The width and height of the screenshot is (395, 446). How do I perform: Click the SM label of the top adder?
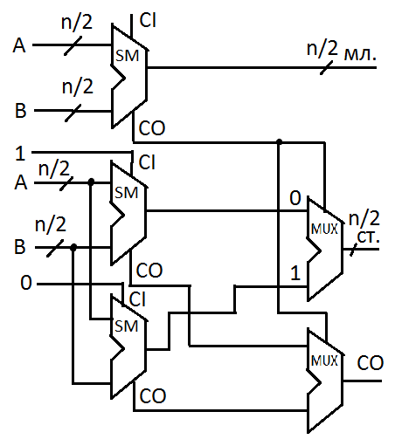pos(127,56)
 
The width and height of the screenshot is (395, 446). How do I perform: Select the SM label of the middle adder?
pos(126,193)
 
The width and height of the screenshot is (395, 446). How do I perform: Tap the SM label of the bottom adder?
pos(126,326)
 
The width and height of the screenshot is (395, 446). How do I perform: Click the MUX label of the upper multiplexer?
pos(324,230)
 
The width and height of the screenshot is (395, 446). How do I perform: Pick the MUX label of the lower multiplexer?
pos(324,361)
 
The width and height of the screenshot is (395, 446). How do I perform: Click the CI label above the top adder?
pos(148,20)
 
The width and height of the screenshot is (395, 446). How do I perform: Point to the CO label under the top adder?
pos(152,128)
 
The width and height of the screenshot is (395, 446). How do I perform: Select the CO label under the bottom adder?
pos(153,395)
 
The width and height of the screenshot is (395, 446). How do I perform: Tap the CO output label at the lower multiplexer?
pos(371,363)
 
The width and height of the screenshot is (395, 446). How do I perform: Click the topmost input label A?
pos(19,45)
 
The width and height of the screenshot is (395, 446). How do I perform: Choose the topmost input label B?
pos(20,111)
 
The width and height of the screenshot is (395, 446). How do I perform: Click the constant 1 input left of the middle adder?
pos(20,154)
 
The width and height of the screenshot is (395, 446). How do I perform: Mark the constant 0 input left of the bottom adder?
pos(26,283)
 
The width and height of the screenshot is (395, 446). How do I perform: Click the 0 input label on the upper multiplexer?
pos(295,198)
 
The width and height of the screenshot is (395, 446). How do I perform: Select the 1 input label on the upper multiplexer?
pos(295,273)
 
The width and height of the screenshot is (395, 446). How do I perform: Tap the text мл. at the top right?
pos(360,54)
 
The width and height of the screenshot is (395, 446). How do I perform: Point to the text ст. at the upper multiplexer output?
pos(368,237)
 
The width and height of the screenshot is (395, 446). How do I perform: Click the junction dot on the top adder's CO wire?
pos(279,142)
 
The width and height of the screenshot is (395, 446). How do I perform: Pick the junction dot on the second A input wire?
pos(91,182)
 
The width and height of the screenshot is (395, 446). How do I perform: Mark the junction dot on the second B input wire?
pos(73,248)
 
